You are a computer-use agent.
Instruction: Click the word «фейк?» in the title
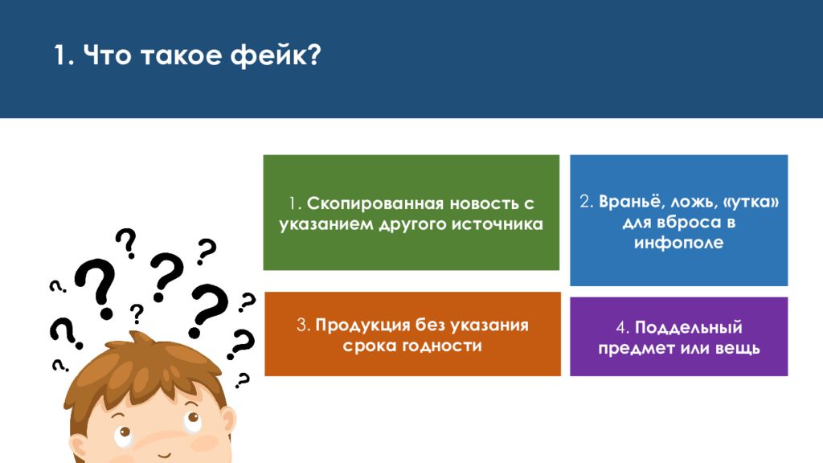tap(275, 55)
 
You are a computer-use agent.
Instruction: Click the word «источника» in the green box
tap(497, 224)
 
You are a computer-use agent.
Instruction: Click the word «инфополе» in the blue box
tap(678, 243)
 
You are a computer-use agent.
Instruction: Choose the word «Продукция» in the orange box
tap(362, 326)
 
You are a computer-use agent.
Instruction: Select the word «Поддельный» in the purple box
tap(689, 328)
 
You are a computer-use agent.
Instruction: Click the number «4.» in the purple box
tap(623, 328)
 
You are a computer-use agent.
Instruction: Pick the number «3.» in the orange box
tap(303, 326)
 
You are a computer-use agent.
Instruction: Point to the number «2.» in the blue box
tap(586, 202)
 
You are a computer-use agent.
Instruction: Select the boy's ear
tap(227, 420)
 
